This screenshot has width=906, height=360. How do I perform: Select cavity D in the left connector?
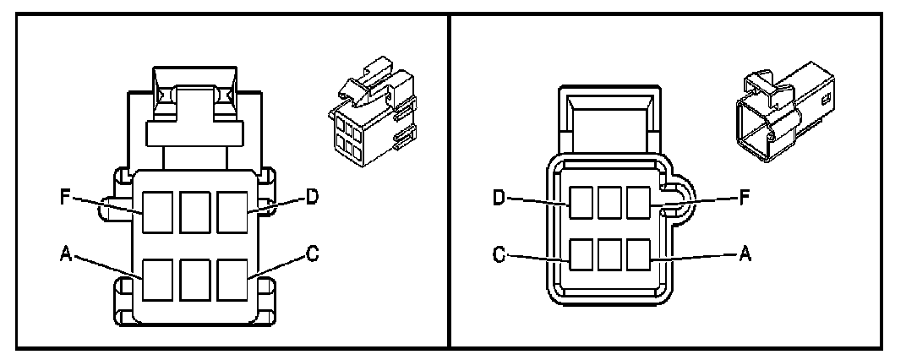234,211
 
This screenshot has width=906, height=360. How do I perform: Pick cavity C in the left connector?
234,280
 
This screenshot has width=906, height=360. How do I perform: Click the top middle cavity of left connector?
196,211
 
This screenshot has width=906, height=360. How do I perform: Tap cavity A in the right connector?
638,254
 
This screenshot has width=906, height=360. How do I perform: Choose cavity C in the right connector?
581,254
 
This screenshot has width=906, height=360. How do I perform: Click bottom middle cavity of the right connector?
609,254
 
